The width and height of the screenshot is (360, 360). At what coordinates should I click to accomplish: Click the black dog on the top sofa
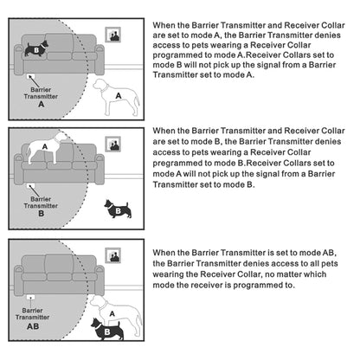(x=36, y=48)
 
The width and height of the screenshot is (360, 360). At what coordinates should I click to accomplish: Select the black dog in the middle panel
(x=118, y=209)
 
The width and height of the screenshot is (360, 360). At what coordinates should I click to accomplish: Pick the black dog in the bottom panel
(x=106, y=330)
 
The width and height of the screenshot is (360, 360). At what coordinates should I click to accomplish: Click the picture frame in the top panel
(x=112, y=35)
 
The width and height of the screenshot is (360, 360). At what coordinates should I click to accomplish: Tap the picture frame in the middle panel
(x=112, y=144)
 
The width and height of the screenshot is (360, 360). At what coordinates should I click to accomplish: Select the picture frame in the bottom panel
(x=112, y=255)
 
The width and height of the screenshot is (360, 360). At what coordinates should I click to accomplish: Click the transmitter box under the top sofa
(x=30, y=76)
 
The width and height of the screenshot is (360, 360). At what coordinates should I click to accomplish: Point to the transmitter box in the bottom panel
(x=30, y=297)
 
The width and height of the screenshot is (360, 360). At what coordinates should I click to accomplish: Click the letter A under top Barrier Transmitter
(x=42, y=104)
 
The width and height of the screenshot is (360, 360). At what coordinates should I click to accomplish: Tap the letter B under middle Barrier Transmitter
(x=42, y=214)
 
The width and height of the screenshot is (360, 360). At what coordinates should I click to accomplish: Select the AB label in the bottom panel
(x=33, y=326)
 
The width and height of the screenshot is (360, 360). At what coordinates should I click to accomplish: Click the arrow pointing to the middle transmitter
(x=34, y=190)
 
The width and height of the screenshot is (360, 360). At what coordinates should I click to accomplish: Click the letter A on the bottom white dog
(x=112, y=313)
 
